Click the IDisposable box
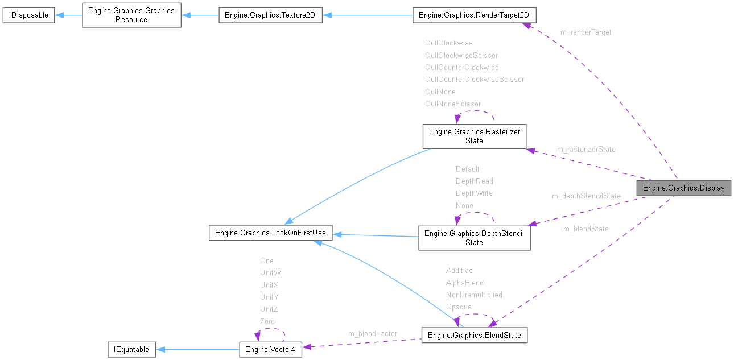pos(28,15)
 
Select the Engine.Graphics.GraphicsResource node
pos(131,15)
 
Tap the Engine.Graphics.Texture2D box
pos(271,15)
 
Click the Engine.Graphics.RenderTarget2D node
pos(473,15)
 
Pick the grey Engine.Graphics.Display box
pos(683,188)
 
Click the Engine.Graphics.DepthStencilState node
pos(474,238)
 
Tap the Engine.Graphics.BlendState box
pos(474,335)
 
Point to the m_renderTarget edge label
pos(586,32)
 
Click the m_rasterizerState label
pos(586,150)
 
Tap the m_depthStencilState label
pos(586,196)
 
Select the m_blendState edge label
pos(585,229)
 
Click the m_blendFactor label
pos(373,333)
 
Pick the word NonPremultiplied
pos(474,295)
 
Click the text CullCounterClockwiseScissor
pos(474,79)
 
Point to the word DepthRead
pos(474,181)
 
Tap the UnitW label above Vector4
pos(270,272)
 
